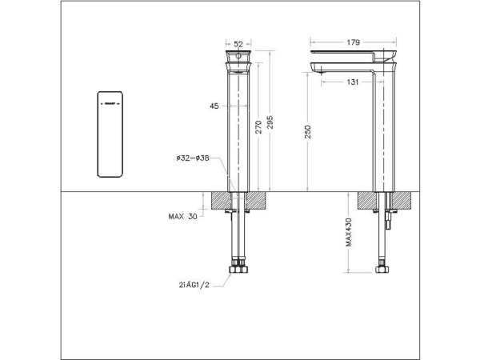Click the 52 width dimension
239,44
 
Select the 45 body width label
214,106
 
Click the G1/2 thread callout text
195,283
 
